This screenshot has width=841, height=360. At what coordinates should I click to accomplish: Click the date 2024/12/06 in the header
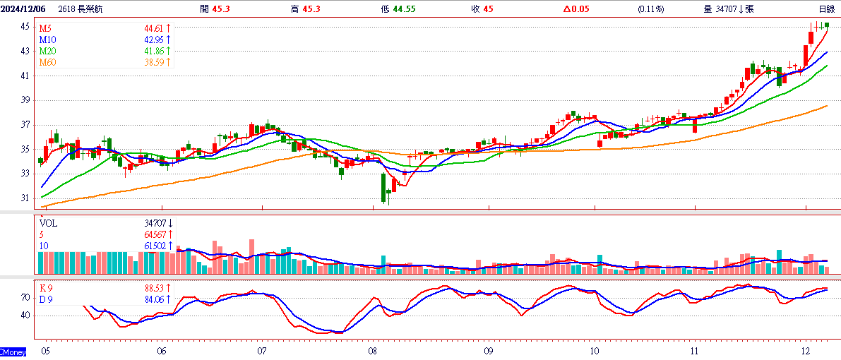[x=23, y=8]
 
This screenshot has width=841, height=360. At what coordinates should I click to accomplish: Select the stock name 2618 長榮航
[x=76, y=8]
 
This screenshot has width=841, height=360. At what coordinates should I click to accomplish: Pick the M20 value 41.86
[x=153, y=51]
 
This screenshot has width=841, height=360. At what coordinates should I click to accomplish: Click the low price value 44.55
[x=405, y=8]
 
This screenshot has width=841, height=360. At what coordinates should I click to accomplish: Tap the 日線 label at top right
[x=826, y=8]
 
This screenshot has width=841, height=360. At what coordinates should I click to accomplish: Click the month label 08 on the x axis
[x=374, y=352]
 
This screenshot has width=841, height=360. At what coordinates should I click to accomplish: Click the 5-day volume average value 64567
[x=155, y=234]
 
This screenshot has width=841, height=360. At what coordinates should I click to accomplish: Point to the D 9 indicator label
[x=46, y=299]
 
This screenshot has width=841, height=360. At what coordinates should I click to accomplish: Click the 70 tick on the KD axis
[x=25, y=296]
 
